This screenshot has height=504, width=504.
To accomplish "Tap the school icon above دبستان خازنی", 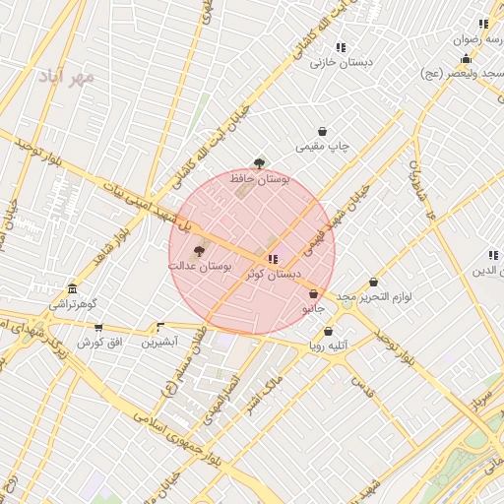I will coord(341,47).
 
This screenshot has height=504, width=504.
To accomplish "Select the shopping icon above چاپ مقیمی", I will coord(322,132).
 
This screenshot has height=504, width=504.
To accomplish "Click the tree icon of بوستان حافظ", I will coord(259,164).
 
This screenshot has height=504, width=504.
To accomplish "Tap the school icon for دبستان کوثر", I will coord(273,258).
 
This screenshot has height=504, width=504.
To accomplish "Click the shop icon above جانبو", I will coord(313,293).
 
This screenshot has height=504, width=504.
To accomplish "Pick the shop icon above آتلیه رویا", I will coord(328,332).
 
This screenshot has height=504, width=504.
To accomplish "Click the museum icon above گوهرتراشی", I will coord(72,288).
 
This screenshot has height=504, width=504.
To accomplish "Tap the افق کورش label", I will coord(99,343).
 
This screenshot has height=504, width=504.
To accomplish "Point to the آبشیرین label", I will coord(159,343).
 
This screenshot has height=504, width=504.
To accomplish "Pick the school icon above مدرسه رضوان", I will coord(483,24).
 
